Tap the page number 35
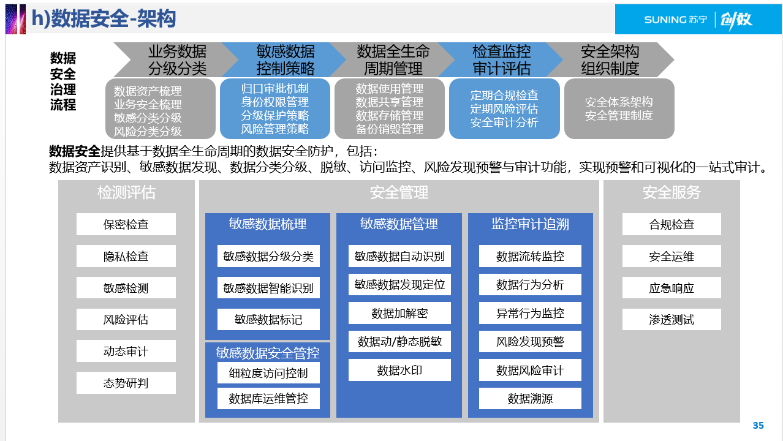(x=758, y=426)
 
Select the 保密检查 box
(x=126, y=224)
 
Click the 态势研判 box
(x=126, y=383)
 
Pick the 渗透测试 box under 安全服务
(x=671, y=320)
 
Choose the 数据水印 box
(x=399, y=370)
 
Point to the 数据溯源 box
(x=530, y=399)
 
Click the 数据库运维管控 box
(x=268, y=399)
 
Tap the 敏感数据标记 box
(x=268, y=320)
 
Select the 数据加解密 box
(x=399, y=314)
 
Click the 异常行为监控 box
(x=530, y=313)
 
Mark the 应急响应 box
(x=671, y=288)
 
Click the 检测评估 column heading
(x=126, y=192)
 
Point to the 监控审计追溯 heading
(x=530, y=224)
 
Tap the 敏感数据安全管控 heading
(x=268, y=353)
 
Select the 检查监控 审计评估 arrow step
(x=501, y=60)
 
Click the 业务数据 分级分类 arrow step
(x=177, y=60)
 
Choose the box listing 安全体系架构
(x=619, y=109)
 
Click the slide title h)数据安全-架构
(x=104, y=19)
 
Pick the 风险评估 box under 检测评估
(x=126, y=320)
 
